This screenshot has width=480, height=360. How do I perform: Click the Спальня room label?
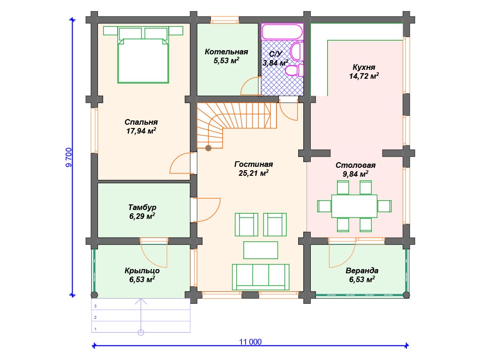click(x=141, y=122)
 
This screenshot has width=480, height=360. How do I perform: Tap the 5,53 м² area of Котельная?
click(x=226, y=60)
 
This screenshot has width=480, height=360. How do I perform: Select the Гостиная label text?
click(x=254, y=164)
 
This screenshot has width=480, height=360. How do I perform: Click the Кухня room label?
click(x=364, y=67)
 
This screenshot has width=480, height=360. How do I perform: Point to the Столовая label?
click(x=355, y=165)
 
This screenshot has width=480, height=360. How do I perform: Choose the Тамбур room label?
click(x=142, y=207)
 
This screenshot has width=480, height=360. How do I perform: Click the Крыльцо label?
click(x=142, y=270)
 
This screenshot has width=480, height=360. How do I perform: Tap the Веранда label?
click(x=362, y=270)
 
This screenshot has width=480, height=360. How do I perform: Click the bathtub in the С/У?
click(x=282, y=31)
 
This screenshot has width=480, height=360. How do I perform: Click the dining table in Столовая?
click(x=354, y=206)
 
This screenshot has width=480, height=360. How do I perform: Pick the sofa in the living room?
click(x=261, y=277)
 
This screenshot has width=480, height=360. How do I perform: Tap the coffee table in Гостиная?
click(x=261, y=250)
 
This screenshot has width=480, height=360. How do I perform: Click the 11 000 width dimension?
click(x=250, y=342)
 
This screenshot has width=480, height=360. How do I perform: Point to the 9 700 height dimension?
click(x=69, y=157)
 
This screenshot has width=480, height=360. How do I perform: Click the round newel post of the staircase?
click(x=209, y=149)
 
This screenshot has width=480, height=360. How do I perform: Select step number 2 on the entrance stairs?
click(x=96, y=317)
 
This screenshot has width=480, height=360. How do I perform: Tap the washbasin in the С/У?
click(x=296, y=52)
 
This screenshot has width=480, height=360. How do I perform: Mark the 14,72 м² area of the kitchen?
click(x=364, y=76)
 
